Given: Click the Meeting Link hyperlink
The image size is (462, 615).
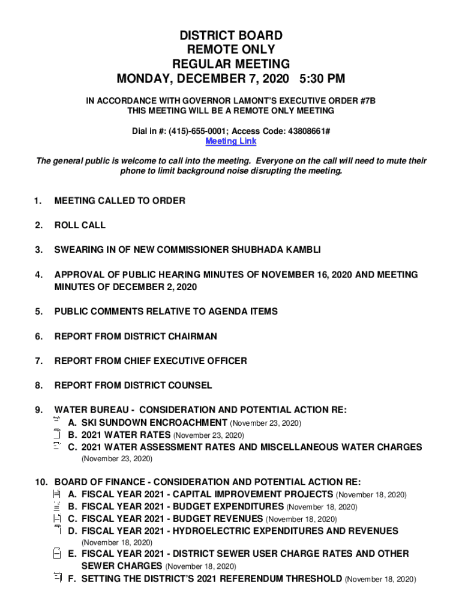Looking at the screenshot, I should (231, 142).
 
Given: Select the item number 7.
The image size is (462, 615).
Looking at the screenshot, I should (38, 361).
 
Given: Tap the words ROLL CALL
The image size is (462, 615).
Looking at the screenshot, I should (80, 225).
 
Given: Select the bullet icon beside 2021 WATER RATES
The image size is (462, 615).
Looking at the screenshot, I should (58, 434).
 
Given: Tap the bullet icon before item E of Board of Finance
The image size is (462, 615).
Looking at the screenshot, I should (57, 553).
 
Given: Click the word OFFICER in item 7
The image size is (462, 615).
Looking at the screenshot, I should (225, 361).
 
